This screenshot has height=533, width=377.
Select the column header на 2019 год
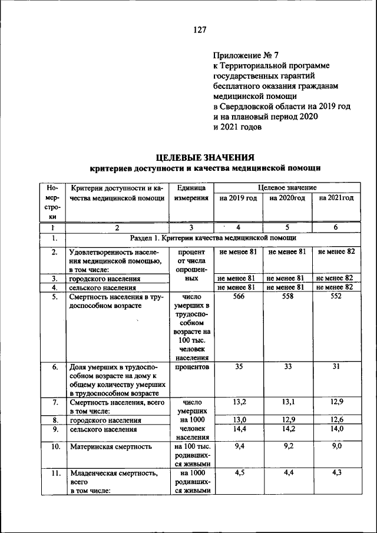point(238,198)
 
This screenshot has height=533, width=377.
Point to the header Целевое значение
point(287,187)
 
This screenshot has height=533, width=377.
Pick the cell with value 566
point(238,298)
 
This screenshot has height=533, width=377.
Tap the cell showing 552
point(335,298)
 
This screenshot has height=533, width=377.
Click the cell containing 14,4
point(239,429)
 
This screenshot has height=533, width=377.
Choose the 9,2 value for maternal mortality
point(287,446)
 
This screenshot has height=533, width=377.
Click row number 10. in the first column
point(54,447)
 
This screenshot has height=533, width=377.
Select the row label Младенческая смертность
point(111,472)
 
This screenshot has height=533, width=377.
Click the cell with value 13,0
point(239,419)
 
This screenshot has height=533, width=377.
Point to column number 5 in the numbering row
point(287,227)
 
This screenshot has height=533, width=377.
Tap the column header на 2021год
point(336,198)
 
